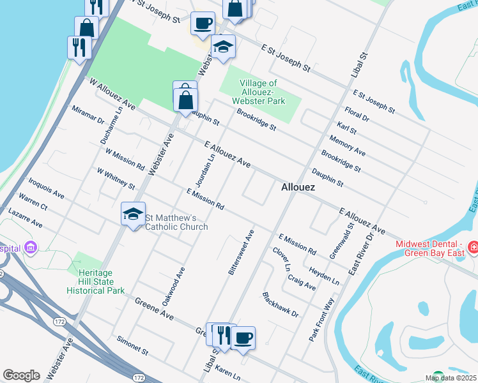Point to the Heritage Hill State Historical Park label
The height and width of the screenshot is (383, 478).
coord(96,282)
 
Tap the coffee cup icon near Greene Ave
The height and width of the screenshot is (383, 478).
coord(243,338)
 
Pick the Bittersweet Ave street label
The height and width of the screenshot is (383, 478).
coord(242,253)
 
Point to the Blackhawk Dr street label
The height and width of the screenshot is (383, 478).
coord(280,305)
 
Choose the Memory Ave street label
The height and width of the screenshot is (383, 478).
coord(347,146)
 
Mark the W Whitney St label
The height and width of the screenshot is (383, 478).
coord(116,179)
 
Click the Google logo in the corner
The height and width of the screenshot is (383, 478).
coord(21,375)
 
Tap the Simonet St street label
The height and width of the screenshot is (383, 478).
coord(132,347)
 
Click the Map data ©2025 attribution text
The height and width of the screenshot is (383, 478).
coord(451,378)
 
